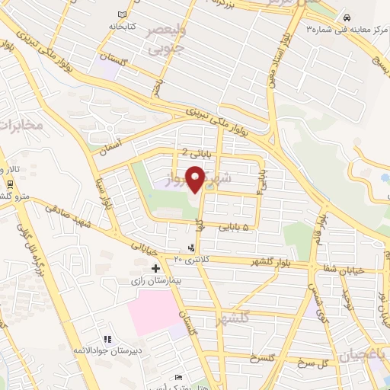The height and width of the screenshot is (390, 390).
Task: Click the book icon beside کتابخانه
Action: pyautogui.click(x=123, y=14)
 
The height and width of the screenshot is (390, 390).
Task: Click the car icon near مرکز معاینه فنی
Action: pyautogui.click(x=347, y=17)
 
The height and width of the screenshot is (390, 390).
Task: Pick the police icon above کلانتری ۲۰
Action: pyautogui.click(x=191, y=248)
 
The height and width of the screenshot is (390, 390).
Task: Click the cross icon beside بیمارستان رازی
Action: pyautogui.click(x=155, y=268)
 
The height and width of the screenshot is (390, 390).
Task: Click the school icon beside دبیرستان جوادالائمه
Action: pyautogui.click(x=107, y=338)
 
